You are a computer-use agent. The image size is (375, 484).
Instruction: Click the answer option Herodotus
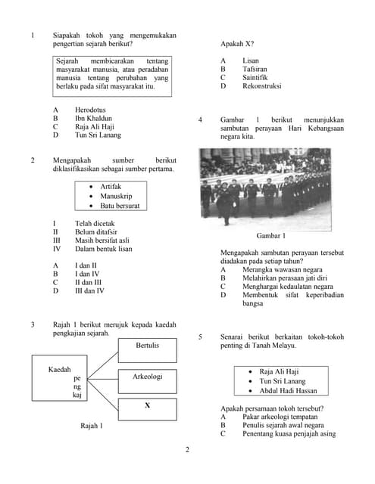point(95,110)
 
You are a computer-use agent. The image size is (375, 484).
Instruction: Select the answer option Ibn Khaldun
point(95,119)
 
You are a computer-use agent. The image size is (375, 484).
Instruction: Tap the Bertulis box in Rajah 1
point(147,346)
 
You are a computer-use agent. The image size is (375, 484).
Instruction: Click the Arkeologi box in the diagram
point(147,376)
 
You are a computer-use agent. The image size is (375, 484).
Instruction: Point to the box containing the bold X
point(147,405)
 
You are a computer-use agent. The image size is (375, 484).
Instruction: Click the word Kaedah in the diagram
point(59,369)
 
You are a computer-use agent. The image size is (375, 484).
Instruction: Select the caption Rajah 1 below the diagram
point(92,427)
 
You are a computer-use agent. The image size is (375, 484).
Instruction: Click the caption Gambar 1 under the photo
point(261,235)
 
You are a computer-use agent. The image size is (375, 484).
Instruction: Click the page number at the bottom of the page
point(187,450)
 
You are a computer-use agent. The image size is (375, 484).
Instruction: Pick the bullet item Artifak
point(111,186)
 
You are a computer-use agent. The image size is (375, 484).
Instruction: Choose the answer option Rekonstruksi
point(261,86)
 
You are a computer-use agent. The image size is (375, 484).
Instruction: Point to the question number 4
point(199,119)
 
